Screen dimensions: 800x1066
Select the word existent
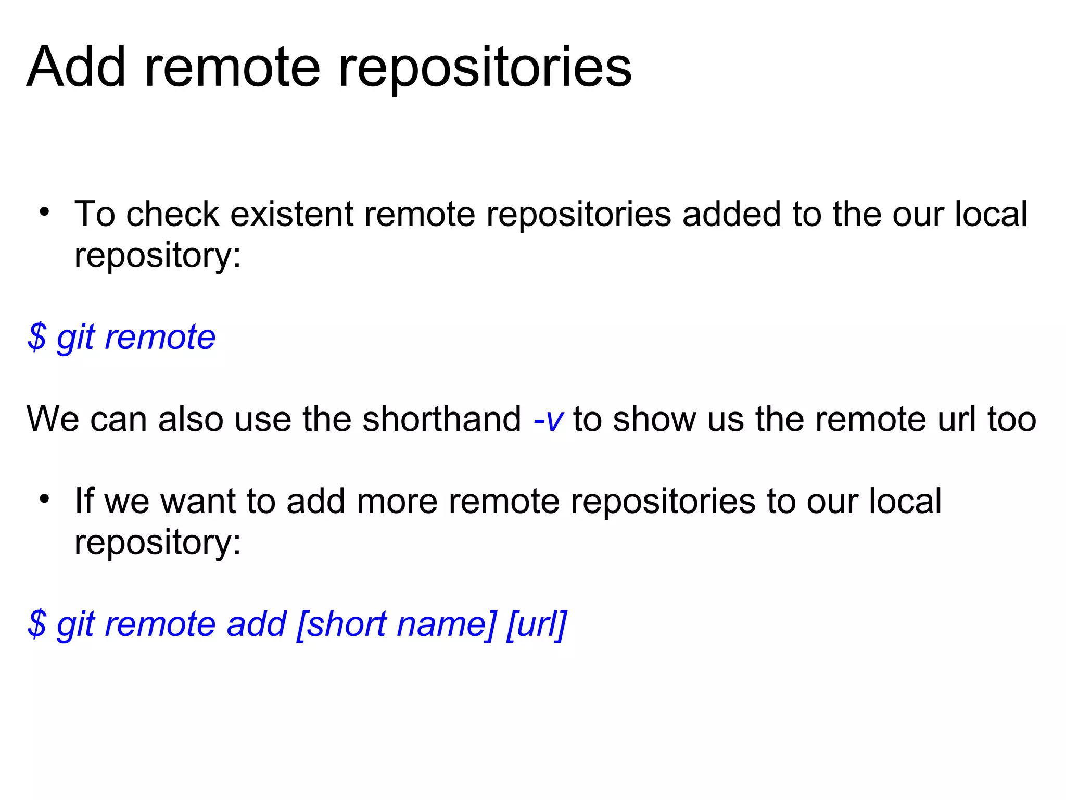coord(291,214)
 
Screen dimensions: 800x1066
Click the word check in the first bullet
coord(172,214)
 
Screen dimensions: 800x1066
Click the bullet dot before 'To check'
coord(44,212)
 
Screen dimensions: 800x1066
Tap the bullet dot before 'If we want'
coord(44,499)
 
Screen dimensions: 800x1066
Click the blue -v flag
coord(548,419)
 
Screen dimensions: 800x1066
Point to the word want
coord(199,501)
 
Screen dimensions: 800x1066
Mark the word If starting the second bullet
coord(84,501)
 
